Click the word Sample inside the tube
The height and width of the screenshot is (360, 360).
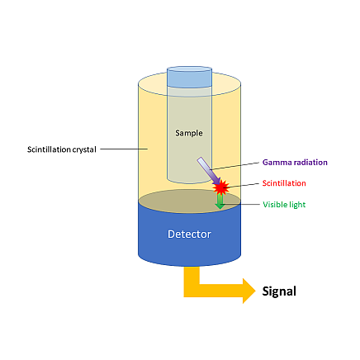coord(189,133)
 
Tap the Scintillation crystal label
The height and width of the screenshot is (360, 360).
coord(62,149)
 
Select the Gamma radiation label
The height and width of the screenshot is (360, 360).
coord(295,163)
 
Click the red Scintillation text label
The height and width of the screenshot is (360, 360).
coord(284,183)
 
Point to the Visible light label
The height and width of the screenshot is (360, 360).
coord(284,205)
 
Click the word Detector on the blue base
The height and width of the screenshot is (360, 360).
coord(189,234)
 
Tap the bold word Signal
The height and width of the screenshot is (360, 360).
coord(279,291)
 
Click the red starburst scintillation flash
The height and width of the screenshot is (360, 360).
coord(220,187)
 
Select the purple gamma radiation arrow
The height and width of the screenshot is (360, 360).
coord(209,171)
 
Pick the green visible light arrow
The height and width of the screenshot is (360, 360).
coord(220,201)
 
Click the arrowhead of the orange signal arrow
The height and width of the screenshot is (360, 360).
coord(249,291)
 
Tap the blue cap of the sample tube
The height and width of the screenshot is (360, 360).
coord(189,77)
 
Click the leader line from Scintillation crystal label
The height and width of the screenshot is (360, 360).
coord(124,149)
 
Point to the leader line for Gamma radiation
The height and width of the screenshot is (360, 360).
coord(234,166)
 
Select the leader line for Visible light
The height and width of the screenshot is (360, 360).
coord(239,204)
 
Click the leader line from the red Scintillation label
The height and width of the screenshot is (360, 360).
coord(242,185)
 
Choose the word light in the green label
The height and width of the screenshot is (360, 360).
coord(296,205)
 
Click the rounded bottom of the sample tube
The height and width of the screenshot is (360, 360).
coord(189,180)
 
